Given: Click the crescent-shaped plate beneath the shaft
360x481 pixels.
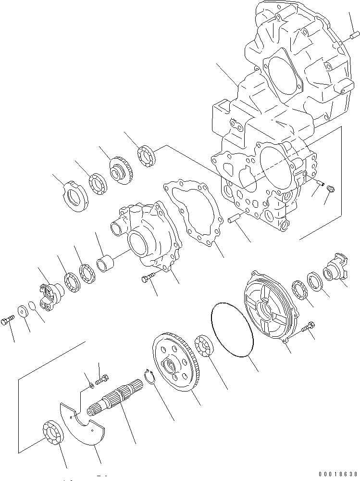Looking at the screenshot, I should coord(84,423).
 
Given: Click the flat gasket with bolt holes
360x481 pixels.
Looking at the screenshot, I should coord(192,212).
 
